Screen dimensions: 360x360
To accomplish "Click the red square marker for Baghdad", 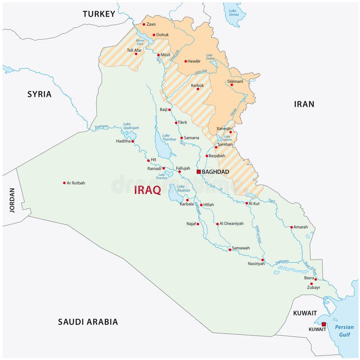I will (x=198, y=172).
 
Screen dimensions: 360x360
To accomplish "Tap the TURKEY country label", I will (x=99, y=14).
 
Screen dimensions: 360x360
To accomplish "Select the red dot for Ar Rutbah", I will (x=64, y=183).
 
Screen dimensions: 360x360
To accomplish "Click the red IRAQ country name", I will (x=148, y=190).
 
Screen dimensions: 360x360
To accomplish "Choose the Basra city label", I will (x=309, y=278).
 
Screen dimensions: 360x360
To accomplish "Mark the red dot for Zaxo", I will (x=144, y=24).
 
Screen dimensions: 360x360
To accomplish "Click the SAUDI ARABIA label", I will (x=88, y=322).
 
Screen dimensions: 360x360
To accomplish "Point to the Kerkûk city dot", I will (x=198, y=89).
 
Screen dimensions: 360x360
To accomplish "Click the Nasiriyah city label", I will (x=256, y=264).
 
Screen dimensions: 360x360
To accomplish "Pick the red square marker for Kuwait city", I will (x=324, y=324).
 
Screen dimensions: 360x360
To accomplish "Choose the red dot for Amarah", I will (x=292, y=227).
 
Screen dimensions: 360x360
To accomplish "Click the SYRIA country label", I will (x=39, y=94).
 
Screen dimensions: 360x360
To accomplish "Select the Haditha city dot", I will (x=133, y=141).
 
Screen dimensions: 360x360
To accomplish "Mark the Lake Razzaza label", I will (x=184, y=188).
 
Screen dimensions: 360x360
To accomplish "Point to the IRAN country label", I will (x=304, y=104).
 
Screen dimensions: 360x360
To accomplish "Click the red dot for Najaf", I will (x=198, y=224).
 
